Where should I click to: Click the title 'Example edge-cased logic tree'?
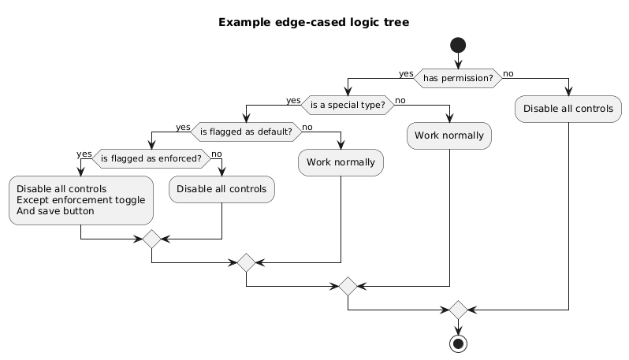pyautogui.click(x=314, y=22)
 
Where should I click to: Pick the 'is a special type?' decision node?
pyautogui.click(x=348, y=106)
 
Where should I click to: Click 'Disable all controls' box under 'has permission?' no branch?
pyautogui.click(x=568, y=109)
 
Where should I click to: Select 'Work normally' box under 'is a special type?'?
pyautogui.click(x=449, y=135)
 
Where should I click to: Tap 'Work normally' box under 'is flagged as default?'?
pyautogui.click(x=341, y=162)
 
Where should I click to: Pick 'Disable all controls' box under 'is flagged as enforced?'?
pyautogui.click(x=222, y=189)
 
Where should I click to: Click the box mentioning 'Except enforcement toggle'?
pyautogui.click(x=80, y=200)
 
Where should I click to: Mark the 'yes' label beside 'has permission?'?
pyautogui.click(x=406, y=73)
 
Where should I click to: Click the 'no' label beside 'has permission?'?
pyautogui.click(x=508, y=73)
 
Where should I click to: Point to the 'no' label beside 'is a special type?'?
pyautogui.click(x=400, y=100)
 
